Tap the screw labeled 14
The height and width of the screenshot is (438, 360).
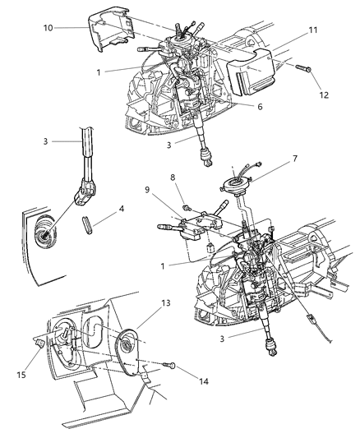(x=170, y=366)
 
